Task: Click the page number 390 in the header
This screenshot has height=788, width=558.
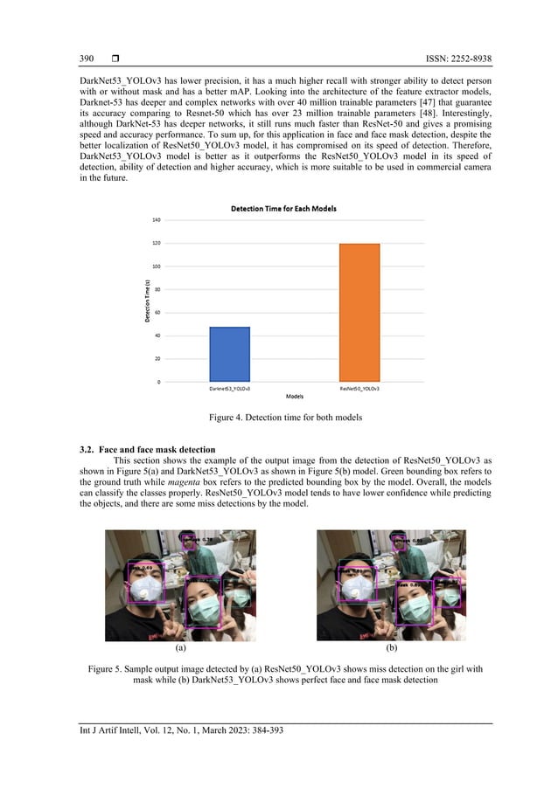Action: [x=87, y=59]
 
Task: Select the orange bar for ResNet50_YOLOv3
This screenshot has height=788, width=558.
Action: [x=359, y=313]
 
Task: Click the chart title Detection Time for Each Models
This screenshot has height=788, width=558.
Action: [x=283, y=209]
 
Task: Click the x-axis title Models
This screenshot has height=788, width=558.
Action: [x=294, y=396]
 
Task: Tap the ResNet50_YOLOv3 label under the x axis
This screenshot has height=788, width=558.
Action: [x=359, y=386]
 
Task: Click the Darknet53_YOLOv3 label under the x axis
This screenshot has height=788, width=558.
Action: [x=229, y=386]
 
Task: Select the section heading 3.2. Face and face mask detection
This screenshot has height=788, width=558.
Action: [x=147, y=449]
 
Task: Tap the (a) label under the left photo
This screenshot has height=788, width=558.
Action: [x=180, y=648]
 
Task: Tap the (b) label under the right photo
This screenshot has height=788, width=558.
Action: [x=391, y=648]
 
